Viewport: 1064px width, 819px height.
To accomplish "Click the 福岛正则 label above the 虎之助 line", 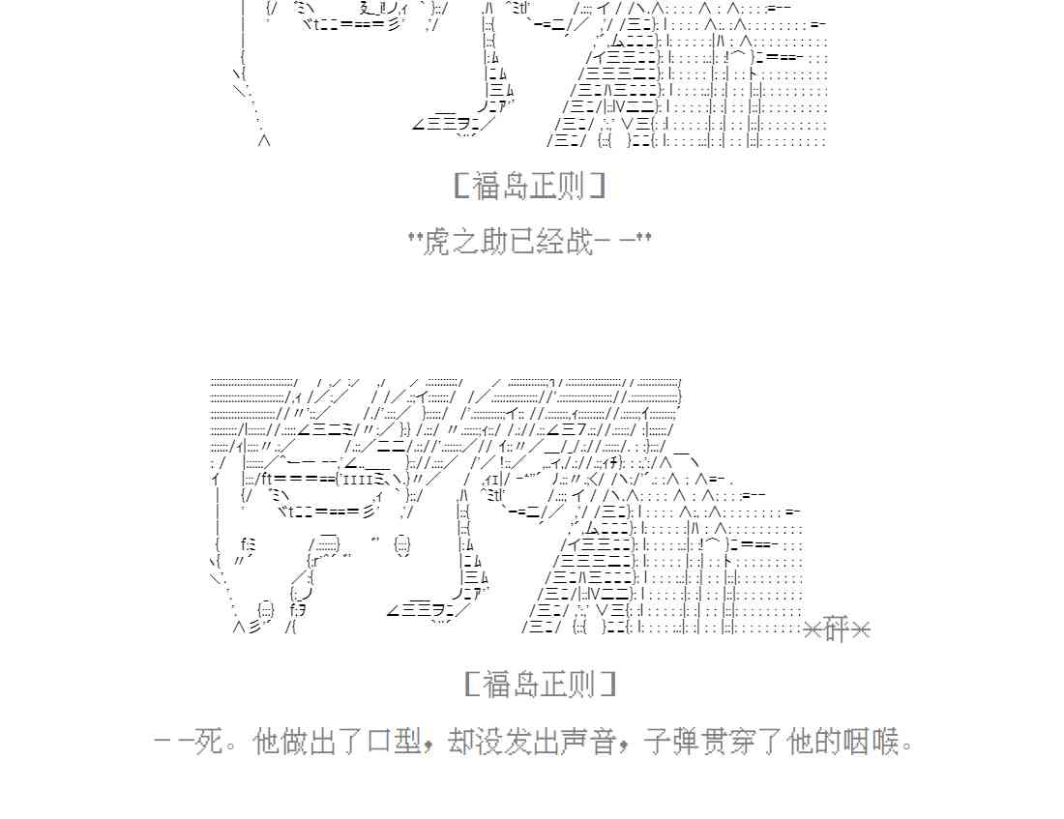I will (529, 186).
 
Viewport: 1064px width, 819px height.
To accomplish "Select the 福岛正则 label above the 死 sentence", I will (540, 685).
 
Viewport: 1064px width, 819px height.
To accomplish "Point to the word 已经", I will (537, 241).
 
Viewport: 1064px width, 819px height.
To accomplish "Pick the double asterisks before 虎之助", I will (416, 237).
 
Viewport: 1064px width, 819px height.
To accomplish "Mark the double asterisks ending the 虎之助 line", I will (642, 237).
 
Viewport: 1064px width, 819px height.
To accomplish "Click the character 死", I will (208, 743).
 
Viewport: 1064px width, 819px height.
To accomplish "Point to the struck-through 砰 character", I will (838, 629).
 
